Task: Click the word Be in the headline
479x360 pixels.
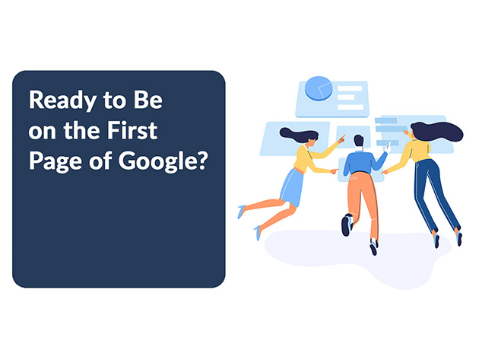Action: [x=148, y=100]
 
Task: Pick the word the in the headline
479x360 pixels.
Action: [x=81, y=131]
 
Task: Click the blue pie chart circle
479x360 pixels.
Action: [x=319, y=88]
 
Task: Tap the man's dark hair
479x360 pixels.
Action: [x=359, y=140]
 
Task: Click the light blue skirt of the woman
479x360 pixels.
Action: [x=291, y=187]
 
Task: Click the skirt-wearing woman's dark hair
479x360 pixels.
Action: [x=298, y=135]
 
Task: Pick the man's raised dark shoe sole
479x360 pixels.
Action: [x=345, y=226]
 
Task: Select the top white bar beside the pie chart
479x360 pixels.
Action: [x=350, y=89]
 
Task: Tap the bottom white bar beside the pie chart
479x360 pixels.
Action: [x=351, y=107]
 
